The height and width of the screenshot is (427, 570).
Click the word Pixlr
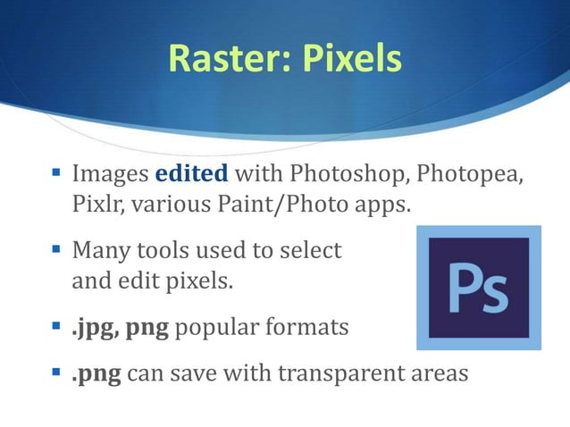pyautogui.click(x=96, y=204)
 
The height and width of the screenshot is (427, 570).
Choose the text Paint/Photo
pyautogui.click(x=296, y=204)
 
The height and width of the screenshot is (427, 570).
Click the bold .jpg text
pyautogui.click(x=96, y=328)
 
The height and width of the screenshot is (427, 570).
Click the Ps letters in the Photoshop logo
pyautogui.click(x=478, y=287)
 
